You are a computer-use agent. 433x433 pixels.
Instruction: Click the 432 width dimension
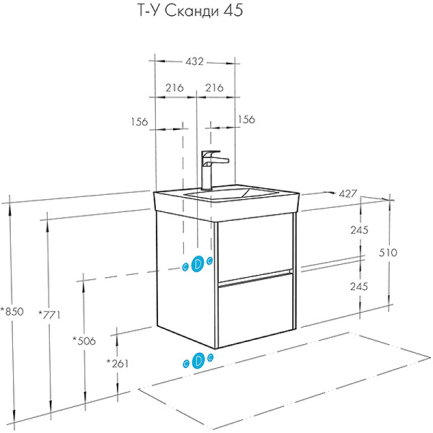(x=196, y=62)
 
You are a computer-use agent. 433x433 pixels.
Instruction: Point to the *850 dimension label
(x=12, y=312)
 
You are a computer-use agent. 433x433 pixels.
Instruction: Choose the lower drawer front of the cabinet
(x=255, y=310)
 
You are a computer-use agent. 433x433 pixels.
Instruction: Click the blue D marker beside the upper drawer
(x=196, y=265)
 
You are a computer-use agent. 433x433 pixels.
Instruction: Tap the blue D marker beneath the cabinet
(x=196, y=361)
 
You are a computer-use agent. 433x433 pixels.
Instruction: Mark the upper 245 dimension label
(x=359, y=230)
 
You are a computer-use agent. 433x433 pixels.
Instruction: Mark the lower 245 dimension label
(x=359, y=286)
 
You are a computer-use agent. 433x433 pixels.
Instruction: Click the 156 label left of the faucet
(x=140, y=122)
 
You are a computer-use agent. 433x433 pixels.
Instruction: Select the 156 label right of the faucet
(x=247, y=120)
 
